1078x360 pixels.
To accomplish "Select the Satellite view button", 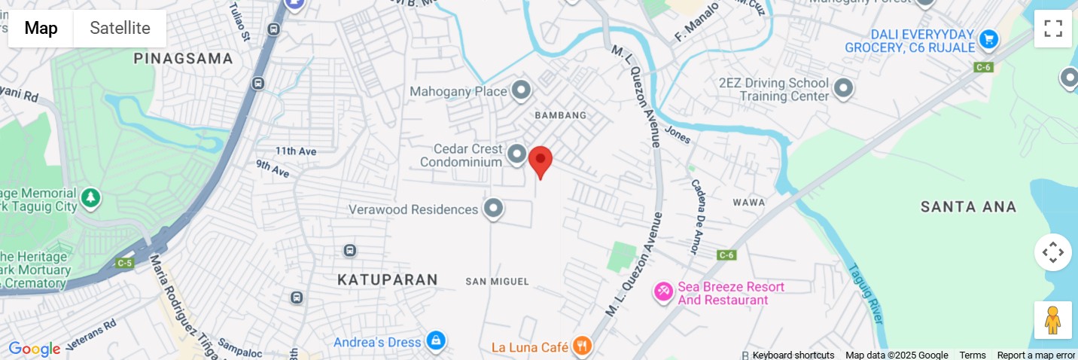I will click(x=120, y=29).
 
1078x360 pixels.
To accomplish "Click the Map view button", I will click(x=41, y=29).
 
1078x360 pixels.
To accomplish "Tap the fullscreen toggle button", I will click(x=1052, y=29).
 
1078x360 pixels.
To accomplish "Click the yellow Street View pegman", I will click(x=1052, y=320).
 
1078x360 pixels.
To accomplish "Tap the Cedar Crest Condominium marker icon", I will click(x=516, y=155).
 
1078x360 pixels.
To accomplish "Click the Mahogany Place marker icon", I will click(x=521, y=91).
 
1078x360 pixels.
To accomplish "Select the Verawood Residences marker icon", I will click(x=493, y=209).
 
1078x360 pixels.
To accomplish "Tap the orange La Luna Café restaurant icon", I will click(x=582, y=346).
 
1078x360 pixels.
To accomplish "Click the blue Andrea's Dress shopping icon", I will click(x=435, y=341).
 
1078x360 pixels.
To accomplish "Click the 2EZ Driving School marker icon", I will click(x=843, y=89).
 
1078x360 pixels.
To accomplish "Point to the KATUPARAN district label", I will click(x=388, y=280).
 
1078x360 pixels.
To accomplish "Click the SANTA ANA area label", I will click(x=968, y=206).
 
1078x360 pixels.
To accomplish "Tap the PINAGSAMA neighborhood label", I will click(x=184, y=58).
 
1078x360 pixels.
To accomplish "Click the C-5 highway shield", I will click(x=125, y=263).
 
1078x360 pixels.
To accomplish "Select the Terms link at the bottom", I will click(x=972, y=355).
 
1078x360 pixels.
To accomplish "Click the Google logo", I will click(x=34, y=349).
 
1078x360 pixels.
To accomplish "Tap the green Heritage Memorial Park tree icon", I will click(x=90, y=198).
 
